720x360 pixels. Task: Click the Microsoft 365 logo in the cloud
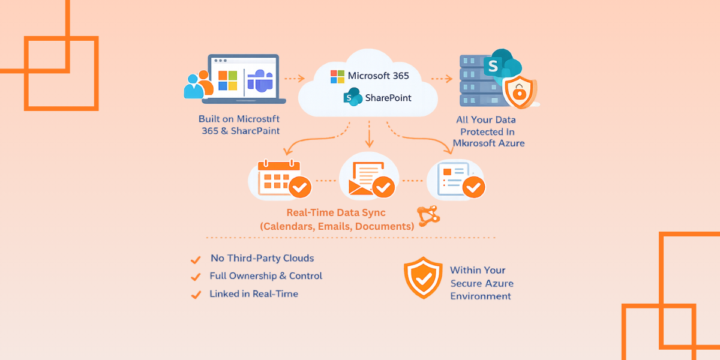tap(338, 77)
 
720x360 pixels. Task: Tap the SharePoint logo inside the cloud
tap(353, 97)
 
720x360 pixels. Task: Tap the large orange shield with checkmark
tap(423, 277)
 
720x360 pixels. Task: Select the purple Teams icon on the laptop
tap(260, 80)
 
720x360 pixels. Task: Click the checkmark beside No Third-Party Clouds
tap(196, 260)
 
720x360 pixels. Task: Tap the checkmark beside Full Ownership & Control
tap(196, 277)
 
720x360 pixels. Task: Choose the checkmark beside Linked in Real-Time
tap(196, 295)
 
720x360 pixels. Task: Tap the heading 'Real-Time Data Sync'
tap(336, 213)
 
